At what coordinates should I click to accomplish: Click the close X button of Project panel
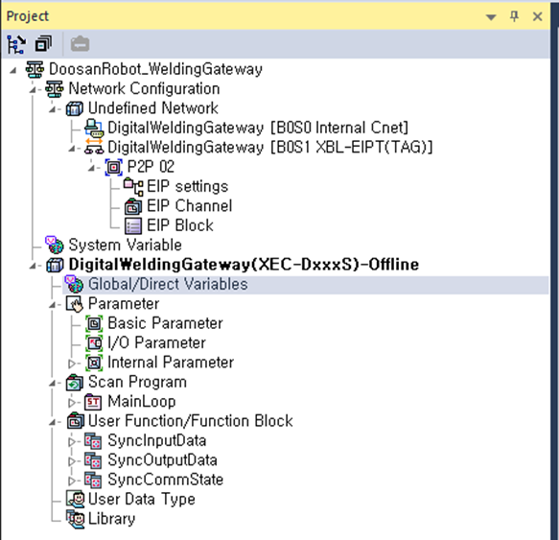(x=537, y=16)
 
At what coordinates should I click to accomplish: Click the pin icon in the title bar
(x=514, y=16)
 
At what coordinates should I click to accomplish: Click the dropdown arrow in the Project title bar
(x=491, y=17)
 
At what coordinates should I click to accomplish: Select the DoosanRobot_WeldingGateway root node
(x=155, y=69)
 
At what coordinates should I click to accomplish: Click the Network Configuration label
(x=144, y=88)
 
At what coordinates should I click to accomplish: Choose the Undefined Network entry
(x=153, y=108)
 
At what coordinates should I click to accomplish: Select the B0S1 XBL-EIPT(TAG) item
(x=269, y=147)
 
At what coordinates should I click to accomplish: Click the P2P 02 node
(x=151, y=167)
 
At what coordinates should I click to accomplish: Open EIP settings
(x=188, y=186)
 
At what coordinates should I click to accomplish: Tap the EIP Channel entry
(x=190, y=206)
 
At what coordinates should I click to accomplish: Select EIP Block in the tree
(x=180, y=225)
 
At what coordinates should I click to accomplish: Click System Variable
(x=126, y=245)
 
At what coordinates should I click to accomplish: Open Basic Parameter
(x=166, y=323)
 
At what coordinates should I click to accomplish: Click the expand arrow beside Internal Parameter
(x=72, y=364)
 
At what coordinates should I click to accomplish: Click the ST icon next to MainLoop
(x=93, y=402)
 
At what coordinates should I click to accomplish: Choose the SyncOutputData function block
(x=163, y=460)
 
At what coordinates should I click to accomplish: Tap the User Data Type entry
(x=142, y=499)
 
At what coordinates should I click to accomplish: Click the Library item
(x=112, y=519)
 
